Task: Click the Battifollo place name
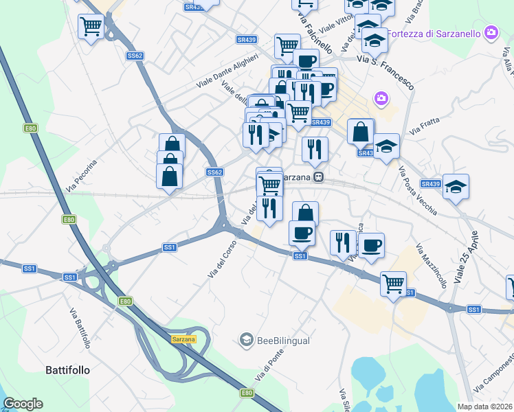(67, 369)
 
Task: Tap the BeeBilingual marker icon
(246, 339)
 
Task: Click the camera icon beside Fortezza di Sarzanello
(491, 32)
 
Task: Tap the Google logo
(23, 404)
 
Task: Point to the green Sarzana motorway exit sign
(183, 339)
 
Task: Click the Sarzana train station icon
(318, 177)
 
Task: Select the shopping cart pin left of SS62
(91, 27)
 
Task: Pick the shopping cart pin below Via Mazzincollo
(393, 283)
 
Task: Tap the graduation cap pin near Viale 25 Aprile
(456, 187)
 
